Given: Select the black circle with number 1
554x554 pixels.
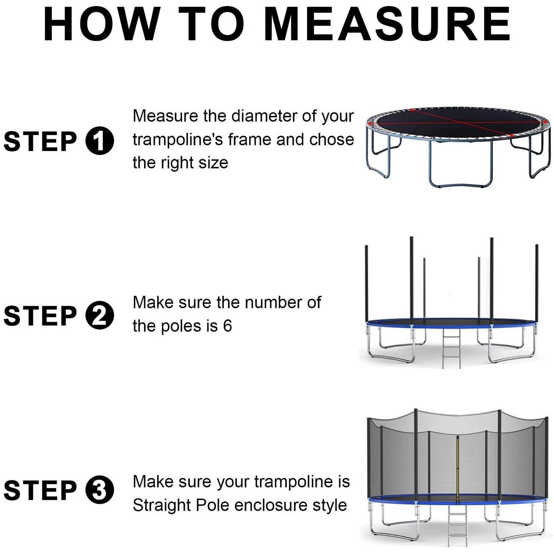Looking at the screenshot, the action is click(x=99, y=141).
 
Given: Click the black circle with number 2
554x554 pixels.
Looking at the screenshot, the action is click(x=99, y=315).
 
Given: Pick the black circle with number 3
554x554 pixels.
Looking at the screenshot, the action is click(x=99, y=490).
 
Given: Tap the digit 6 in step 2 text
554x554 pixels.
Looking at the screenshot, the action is click(x=227, y=326).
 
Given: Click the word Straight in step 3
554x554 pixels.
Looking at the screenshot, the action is click(x=161, y=506).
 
